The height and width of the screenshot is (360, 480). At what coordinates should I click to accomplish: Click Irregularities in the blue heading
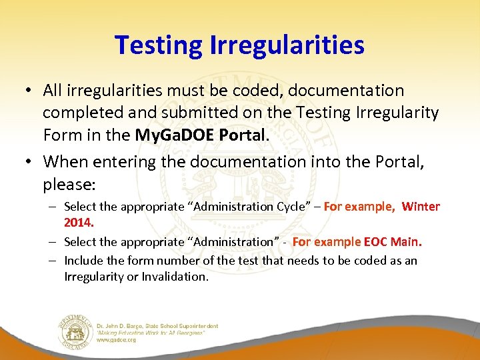tap(287, 45)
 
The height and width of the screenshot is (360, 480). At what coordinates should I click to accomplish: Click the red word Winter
tap(421, 207)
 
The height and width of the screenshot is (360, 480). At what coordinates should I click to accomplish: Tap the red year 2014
tap(78, 221)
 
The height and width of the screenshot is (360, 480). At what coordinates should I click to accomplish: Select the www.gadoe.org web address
tap(117, 340)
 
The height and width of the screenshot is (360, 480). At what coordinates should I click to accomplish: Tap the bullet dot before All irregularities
tap(33, 90)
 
